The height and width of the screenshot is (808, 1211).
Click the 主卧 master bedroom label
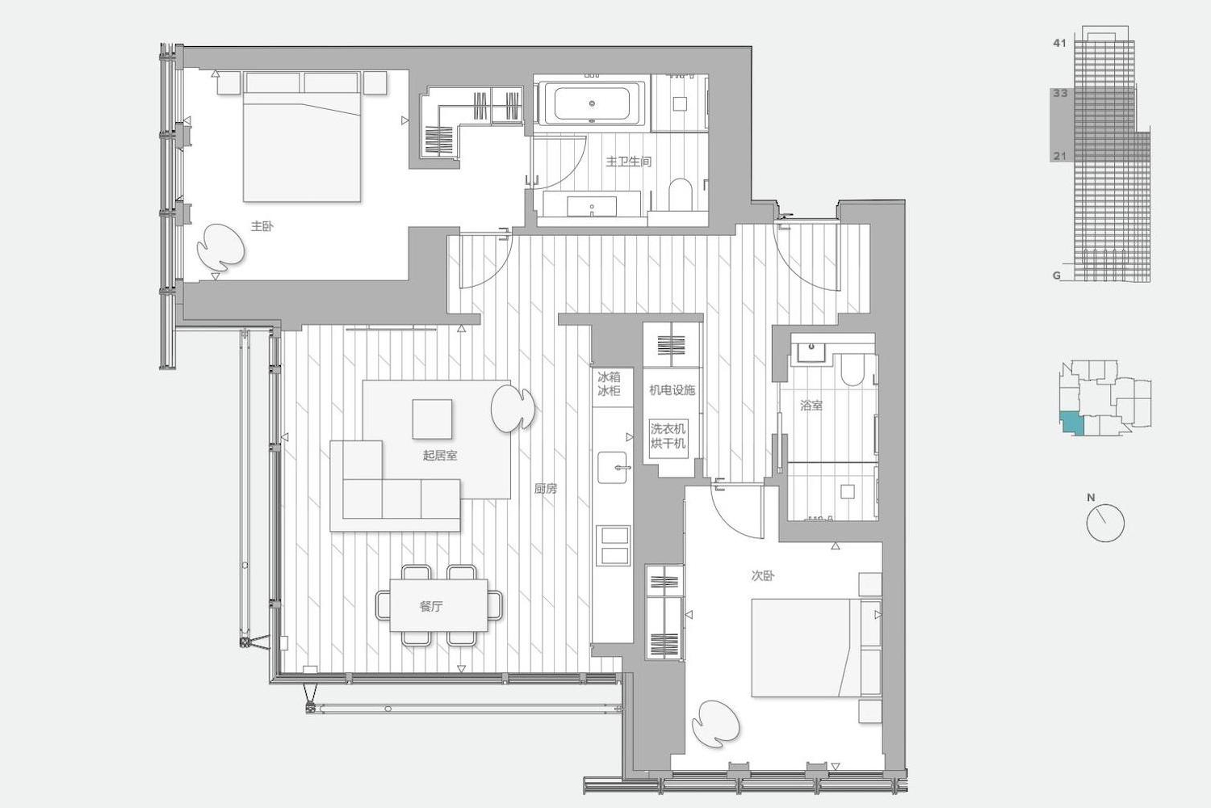[x=262, y=226]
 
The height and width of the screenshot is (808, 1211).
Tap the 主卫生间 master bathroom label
[x=628, y=162]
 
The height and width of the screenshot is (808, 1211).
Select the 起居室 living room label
[x=439, y=455]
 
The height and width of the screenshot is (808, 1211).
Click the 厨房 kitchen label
[x=546, y=488]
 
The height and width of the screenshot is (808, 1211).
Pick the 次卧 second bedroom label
[x=763, y=576]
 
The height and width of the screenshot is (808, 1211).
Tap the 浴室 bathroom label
[x=811, y=405]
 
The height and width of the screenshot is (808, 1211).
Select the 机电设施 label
[x=672, y=389]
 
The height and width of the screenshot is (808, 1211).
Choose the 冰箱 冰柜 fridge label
[x=608, y=384]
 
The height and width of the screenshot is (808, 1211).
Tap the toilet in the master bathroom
[x=680, y=195]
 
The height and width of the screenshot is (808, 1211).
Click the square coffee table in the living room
[x=432, y=419]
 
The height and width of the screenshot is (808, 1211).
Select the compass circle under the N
[x=1105, y=522]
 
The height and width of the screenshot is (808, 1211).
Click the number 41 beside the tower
[x=1059, y=43]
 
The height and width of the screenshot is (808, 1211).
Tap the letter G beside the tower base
[x=1056, y=276]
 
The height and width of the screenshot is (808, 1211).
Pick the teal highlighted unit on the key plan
[x=1072, y=423]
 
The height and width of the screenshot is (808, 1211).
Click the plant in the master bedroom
[x=220, y=247]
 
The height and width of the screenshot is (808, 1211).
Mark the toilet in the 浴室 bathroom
[x=853, y=369]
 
